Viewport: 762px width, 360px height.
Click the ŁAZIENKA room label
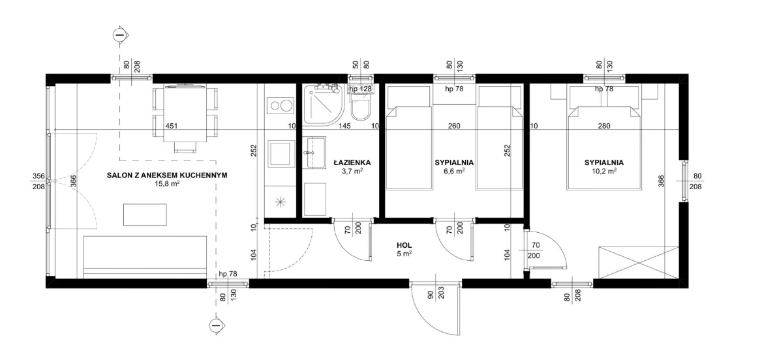click(x=352, y=163)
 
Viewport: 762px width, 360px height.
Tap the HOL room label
click(x=404, y=246)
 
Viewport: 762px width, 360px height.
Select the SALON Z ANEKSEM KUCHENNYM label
click(x=167, y=175)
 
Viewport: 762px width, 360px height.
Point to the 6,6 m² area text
click(x=454, y=171)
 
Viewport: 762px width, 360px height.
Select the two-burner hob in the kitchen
click(x=281, y=106)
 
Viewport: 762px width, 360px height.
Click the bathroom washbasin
click(x=316, y=152)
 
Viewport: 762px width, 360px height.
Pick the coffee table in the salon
click(x=145, y=213)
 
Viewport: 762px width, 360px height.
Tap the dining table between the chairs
click(x=185, y=115)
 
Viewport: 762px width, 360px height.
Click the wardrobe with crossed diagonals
click(x=639, y=262)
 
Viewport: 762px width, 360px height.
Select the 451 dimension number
click(x=171, y=126)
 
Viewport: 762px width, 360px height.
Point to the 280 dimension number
click(x=604, y=126)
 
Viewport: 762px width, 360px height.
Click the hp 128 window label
click(x=360, y=89)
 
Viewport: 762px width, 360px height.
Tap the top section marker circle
click(x=119, y=35)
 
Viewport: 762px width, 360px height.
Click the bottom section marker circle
click(x=216, y=325)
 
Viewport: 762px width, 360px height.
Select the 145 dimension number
click(x=344, y=126)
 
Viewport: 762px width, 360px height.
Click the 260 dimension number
click(x=454, y=126)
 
